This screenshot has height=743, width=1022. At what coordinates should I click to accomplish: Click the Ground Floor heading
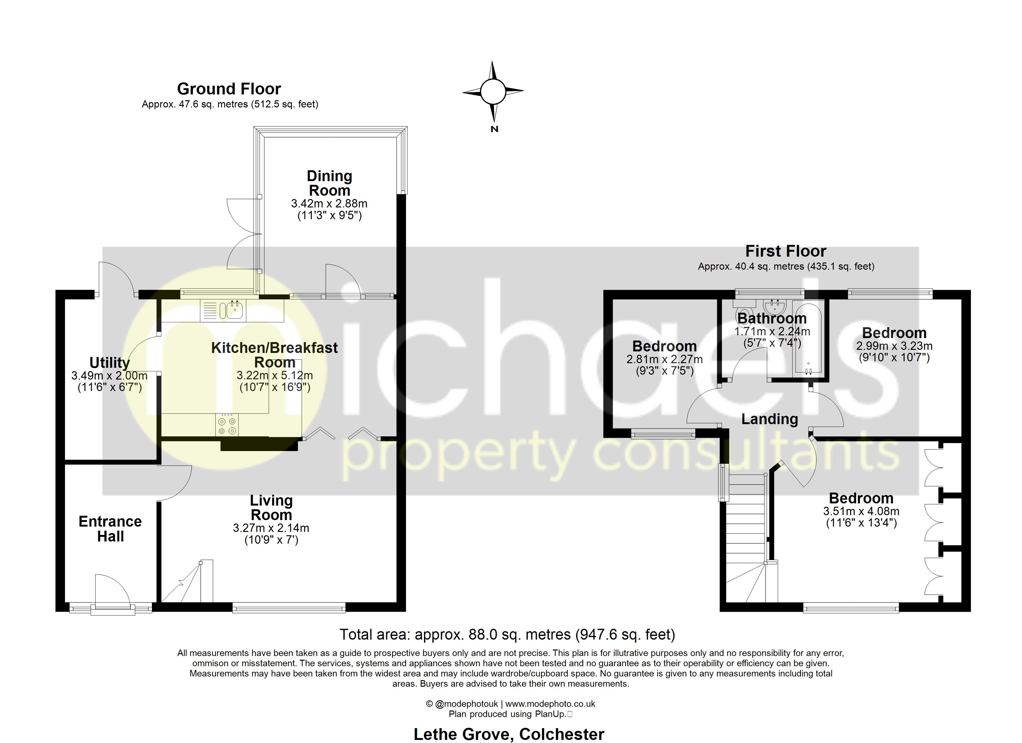pyautogui.click(x=229, y=89)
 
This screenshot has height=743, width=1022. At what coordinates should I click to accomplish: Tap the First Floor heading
pyautogui.click(x=785, y=251)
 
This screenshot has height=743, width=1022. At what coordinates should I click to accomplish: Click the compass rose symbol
pyautogui.click(x=493, y=91)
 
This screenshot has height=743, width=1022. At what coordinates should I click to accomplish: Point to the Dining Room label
pyautogui.click(x=330, y=183)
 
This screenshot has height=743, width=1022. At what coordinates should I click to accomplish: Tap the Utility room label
pyautogui.click(x=110, y=362)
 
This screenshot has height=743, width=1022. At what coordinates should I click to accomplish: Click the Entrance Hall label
pyautogui.click(x=110, y=528)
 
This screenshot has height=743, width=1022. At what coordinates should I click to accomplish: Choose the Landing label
pyautogui.click(x=770, y=419)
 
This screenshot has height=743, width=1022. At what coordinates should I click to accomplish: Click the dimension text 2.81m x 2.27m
pyautogui.click(x=664, y=359)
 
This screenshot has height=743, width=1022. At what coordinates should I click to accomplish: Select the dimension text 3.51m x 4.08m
pyautogui.click(x=861, y=511)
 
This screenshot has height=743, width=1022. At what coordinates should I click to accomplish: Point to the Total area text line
pyautogui.click(x=507, y=634)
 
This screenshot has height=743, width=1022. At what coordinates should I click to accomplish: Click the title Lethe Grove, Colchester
pyautogui.click(x=509, y=733)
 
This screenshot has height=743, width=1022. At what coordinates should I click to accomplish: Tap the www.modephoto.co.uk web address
pyautogui.click(x=550, y=704)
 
